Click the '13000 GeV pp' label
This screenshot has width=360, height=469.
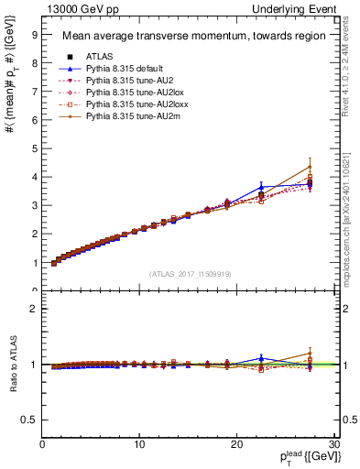pyautogui.click(x=75, y=9)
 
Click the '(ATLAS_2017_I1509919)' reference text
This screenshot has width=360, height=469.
pyautogui.click(x=190, y=273)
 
